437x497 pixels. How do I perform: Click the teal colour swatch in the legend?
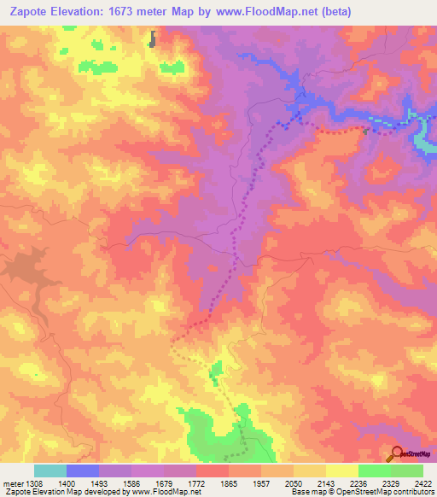tap(50, 471)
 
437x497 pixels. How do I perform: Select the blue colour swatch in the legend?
tap(83, 471)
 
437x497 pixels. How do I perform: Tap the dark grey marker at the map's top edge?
tap(154, 38)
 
